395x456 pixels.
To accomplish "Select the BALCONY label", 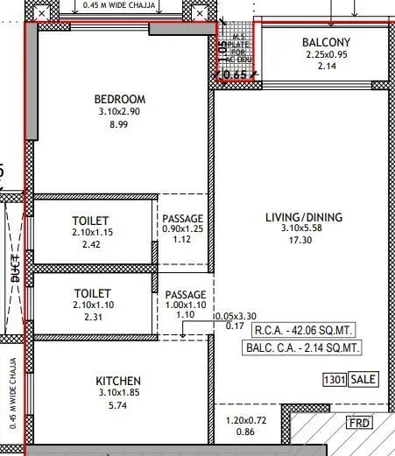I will point(326,42).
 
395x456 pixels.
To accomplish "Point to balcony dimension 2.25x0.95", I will point(326,54).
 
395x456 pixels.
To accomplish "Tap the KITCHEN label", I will point(118,381).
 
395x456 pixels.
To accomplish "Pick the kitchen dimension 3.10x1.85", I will point(118,394).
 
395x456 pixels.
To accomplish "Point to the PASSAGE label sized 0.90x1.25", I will point(184,219).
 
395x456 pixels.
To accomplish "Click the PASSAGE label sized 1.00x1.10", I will point(186,295).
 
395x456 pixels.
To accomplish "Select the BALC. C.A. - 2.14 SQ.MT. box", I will point(301,347).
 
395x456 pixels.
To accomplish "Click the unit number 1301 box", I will point(335,380).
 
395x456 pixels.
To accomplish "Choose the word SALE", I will point(363,380).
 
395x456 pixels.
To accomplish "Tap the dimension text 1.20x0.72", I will point(246,419).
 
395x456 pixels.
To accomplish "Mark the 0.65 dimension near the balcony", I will point(235,75).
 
